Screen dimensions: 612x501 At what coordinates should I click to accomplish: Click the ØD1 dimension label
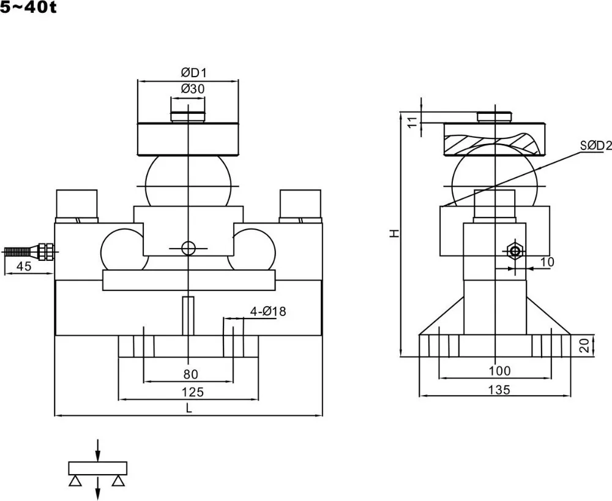coord(193,72)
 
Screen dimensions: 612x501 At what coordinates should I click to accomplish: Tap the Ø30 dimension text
coord(193,89)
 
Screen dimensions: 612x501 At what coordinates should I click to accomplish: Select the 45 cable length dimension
coord(24,266)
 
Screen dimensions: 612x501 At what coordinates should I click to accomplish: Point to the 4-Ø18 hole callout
coord(268,311)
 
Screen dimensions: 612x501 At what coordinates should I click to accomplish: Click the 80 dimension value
coord(191,374)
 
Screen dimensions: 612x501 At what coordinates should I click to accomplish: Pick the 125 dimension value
coord(192,392)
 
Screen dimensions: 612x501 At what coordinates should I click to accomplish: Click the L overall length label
coord(189,409)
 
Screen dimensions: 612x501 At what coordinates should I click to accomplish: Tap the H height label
coord(395,233)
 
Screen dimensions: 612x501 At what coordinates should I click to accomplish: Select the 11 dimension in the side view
coord(412,122)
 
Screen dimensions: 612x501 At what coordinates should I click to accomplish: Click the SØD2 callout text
coord(595,146)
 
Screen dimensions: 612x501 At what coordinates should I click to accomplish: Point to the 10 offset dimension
coord(547,262)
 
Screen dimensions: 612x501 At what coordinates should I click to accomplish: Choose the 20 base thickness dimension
coord(584,345)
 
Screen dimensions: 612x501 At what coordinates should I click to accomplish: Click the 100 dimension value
coord(499,371)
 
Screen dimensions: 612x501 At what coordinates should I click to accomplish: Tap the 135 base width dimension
coord(499,390)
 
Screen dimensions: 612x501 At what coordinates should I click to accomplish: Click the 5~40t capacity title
coord(28,7)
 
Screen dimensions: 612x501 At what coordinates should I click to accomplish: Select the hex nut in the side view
coord(515,250)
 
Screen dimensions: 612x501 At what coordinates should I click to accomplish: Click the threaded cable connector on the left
coord(29,251)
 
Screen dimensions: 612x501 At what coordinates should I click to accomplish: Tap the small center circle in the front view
coord(188,248)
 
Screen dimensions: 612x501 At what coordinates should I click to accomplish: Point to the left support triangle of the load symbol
coord(75,481)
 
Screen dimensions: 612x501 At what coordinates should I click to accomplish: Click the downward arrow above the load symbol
coord(98,450)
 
